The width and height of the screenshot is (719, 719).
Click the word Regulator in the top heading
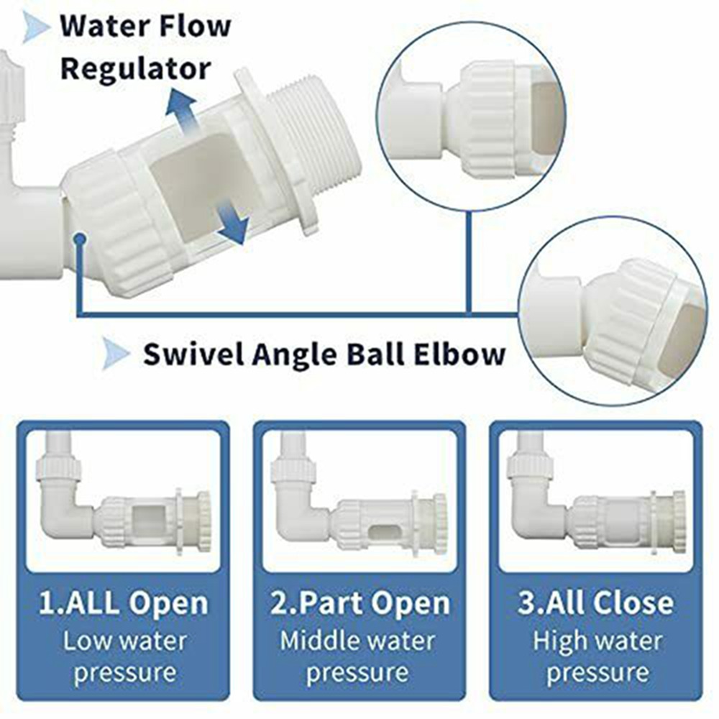136,69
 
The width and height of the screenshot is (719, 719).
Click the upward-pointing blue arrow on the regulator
183,111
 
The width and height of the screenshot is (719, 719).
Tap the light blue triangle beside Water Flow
36,27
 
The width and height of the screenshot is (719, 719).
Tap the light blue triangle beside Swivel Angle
116,354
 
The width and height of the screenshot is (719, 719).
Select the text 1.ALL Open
124,604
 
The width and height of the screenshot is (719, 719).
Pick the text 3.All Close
595,603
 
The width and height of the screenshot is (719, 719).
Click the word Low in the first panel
86,641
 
